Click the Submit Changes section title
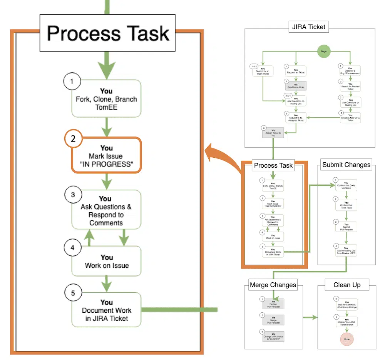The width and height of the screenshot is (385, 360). (x=346, y=165)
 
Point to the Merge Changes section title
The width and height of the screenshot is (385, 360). (x=273, y=285)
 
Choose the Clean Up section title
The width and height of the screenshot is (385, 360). (x=347, y=285)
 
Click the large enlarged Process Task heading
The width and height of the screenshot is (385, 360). (x=108, y=33)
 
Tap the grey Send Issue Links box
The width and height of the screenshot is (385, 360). (x=295, y=86)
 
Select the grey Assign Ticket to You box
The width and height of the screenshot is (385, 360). (x=273, y=133)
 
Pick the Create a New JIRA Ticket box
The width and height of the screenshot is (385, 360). (x=350, y=117)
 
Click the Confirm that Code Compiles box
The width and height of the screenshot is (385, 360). (x=346, y=185)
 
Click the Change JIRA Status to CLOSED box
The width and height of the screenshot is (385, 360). (x=273, y=337)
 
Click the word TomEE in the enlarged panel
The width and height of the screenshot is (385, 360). (x=107, y=107)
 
